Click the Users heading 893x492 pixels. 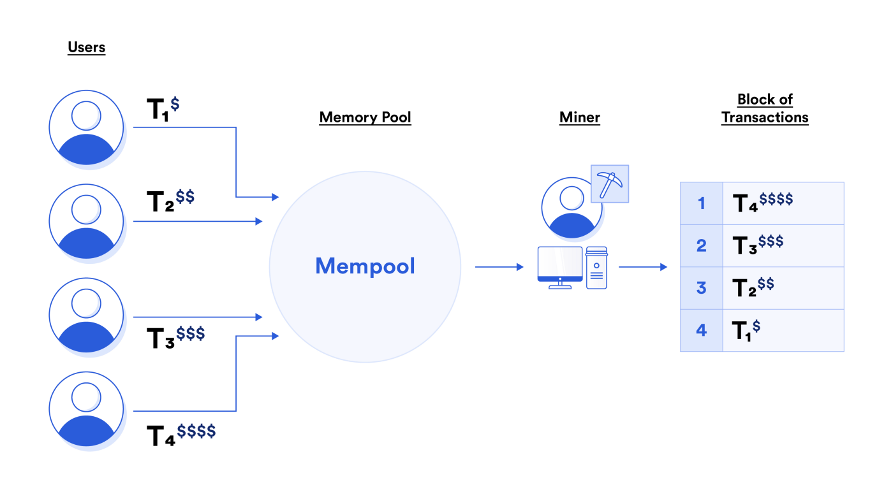[x=86, y=48]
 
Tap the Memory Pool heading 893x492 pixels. [x=365, y=117]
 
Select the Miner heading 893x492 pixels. [x=579, y=117]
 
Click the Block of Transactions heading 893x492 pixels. [x=765, y=108]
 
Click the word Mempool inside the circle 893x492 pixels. [x=365, y=266]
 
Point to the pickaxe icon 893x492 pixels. [x=610, y=184]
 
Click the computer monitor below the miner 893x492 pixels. [x=559, y=266]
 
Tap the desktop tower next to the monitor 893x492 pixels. [x=596, y=268]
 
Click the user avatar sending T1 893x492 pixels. [x=86, y=127]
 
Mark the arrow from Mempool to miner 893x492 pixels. [x=499, y=267]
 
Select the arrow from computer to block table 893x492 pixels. [x=642, y=267]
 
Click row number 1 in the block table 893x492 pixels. [x=701, y=203]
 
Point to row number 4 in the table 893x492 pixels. [x=701, y=330]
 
